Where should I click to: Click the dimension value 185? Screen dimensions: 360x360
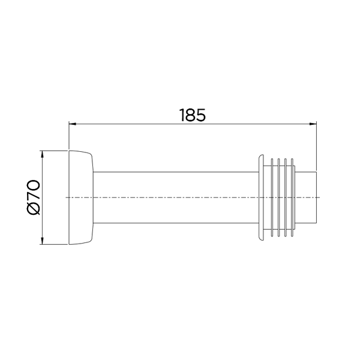[193, 115]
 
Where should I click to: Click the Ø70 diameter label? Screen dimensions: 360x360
[32, 197]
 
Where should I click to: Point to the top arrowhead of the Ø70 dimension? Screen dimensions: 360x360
[42, 153]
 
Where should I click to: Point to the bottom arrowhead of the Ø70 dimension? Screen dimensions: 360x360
[42, 241]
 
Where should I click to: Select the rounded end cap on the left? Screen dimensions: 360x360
[82, 197]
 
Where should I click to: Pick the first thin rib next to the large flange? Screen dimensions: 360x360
[273, 197]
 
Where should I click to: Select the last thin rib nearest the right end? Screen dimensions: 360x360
[293, 197]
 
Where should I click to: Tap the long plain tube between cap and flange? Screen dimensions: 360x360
[174, 197]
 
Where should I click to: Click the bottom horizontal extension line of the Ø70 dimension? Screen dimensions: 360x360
[54, 245]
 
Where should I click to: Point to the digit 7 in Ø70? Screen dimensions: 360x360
[32, 194]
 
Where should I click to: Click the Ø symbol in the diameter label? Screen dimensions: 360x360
[32, 208]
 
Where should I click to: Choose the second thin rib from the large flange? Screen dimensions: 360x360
[280, 197]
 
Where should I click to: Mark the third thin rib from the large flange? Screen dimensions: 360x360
[286, 197]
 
